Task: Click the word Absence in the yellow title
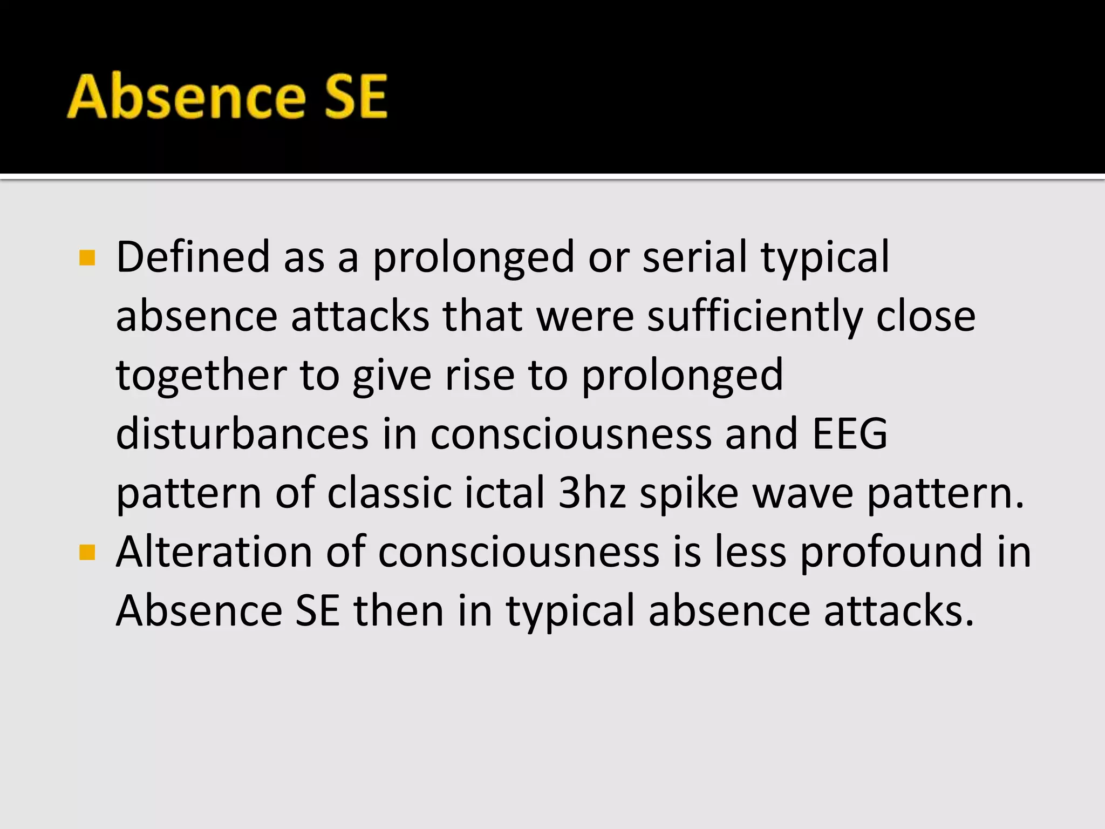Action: click(x=186, y=97)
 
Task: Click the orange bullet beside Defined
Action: click(x=87, y=258)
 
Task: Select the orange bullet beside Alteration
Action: click(x=87, y=553)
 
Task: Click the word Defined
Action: click(x=193, y=257)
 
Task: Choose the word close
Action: click(x=925, y=316)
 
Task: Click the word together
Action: click(x=201, y=375)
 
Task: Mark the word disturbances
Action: click(x=242, y=434)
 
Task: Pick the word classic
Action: click(x=389, y=493)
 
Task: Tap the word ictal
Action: click(x=504, y=493)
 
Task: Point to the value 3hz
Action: click(x=592, y=493)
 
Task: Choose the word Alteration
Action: click(x=214, y=552)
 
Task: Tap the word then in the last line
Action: click(x=398, y=610)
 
